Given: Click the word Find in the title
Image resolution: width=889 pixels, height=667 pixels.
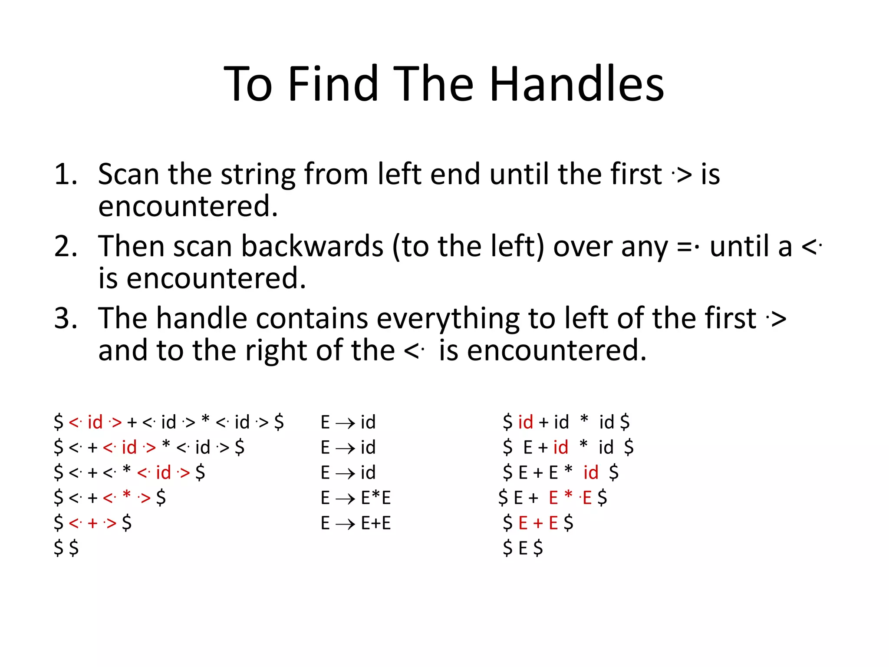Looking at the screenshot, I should (x=333, y=84).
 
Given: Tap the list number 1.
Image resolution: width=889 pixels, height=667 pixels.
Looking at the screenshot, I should (x=66, y=174).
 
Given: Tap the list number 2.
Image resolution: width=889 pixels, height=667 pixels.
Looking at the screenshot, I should (x=66, y=246).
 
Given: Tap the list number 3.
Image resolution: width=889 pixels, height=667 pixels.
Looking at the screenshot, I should (x=66, y=318).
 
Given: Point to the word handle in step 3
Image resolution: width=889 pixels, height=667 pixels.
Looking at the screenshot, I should (x=202, y=318).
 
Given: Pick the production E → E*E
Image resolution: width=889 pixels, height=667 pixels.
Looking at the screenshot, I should (x=356, y=498).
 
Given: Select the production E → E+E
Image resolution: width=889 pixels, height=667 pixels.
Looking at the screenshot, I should (x=356, y=523).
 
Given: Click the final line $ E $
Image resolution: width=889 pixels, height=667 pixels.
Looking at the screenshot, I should (x=523, y=548).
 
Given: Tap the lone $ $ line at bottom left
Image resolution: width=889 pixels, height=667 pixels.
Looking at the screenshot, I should (x=66, y=548).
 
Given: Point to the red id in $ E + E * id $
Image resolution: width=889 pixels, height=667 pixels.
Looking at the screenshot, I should (x=591, y=472).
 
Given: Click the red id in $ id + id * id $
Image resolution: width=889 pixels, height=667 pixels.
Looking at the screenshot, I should (x=525, y=422).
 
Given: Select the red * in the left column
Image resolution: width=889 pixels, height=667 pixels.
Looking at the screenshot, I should (x=127, y=496).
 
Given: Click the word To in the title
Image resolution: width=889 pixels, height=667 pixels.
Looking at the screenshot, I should (x=248, y=84).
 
